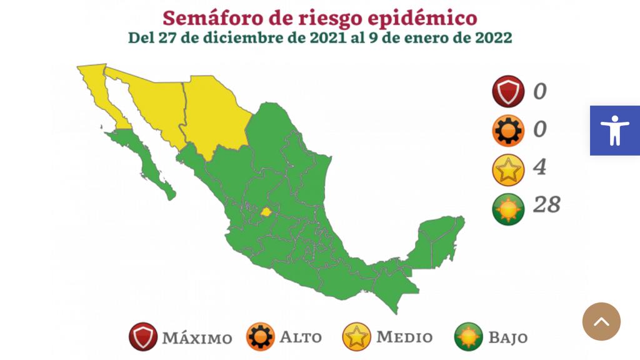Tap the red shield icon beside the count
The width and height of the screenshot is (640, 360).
coord(507,92)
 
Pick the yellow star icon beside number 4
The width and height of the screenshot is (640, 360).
coord(507,169)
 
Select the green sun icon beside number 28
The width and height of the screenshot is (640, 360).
coord(507,207)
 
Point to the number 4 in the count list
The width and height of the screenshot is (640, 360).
coord(539,167)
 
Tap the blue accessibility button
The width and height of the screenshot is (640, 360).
coord(615,130)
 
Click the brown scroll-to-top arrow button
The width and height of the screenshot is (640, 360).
coord(601,322)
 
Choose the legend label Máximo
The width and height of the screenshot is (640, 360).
coord(197,338)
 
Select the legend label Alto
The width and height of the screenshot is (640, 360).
coord(300,337)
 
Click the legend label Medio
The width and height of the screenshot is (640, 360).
coord(404,337)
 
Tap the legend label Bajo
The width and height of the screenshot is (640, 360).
coord(507,338)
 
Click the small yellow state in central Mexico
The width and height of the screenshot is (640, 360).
coord(266,212)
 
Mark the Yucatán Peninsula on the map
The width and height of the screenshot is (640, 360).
coord(441,241)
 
